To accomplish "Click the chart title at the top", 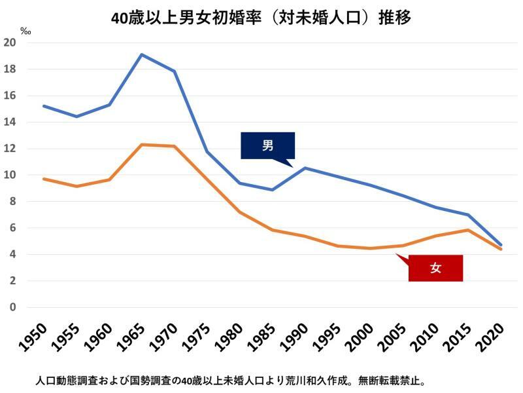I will (x=261, y=17).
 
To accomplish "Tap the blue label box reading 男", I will (x=267, y=145).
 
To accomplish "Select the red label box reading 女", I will (x=435, y=268).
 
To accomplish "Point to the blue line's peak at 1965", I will (x=142, y=54).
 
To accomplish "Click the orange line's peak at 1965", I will (x=142, y=145).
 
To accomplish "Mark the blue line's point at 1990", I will (x=305, y=168).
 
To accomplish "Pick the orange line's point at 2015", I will (x=468, y=230).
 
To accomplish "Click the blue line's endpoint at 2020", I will (x=501, y=244).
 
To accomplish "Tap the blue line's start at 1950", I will (x=44, y=105).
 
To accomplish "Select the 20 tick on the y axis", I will (x=10, y=43).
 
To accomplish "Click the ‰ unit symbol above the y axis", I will (x=25, y=31).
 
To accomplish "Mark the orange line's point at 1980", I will (x=240, y=212).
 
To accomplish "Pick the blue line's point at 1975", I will (x=207, y=152).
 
